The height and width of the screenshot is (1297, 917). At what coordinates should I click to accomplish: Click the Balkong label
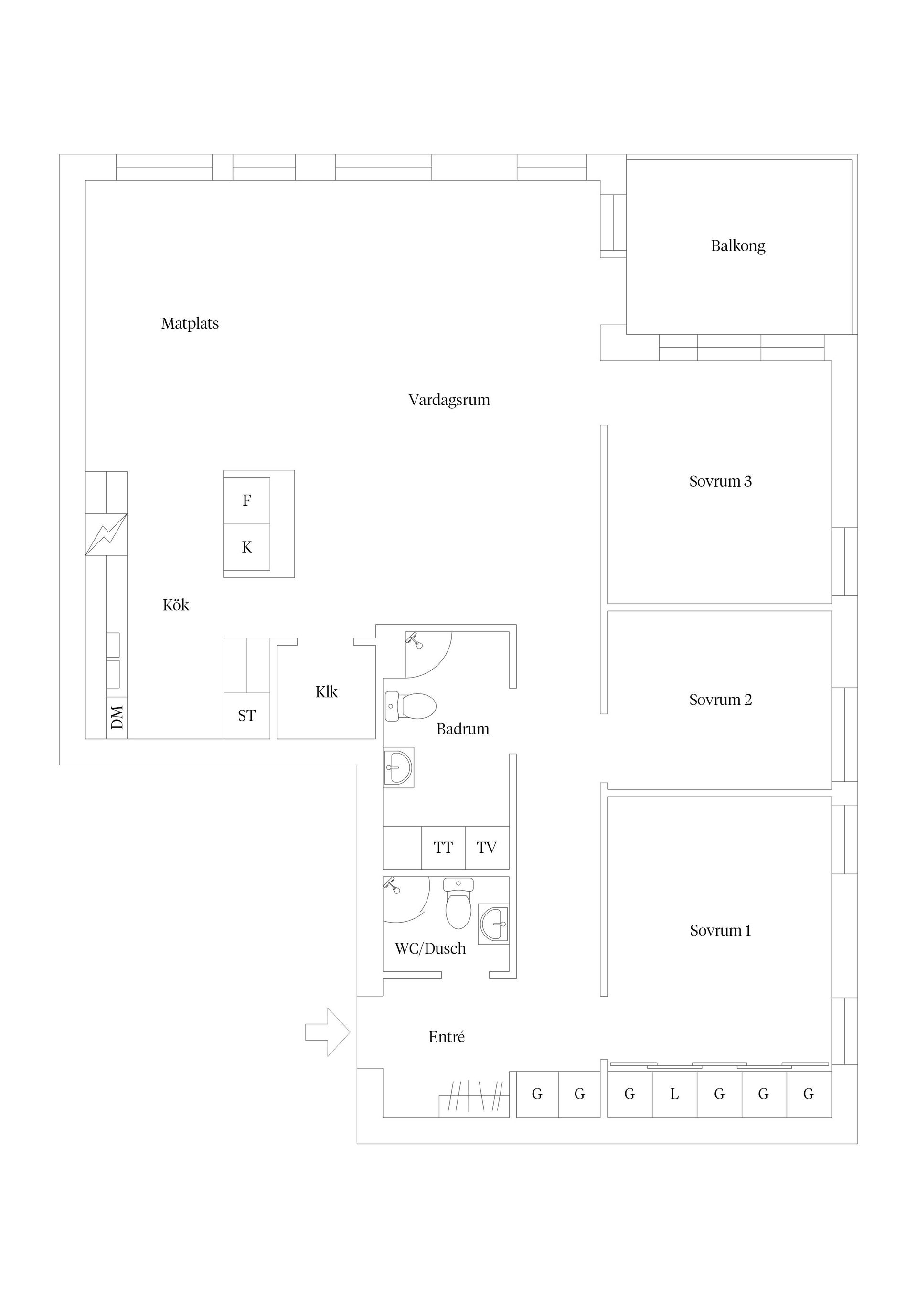(x=738, y=246)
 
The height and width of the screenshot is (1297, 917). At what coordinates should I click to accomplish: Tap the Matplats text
(x=190, y=324)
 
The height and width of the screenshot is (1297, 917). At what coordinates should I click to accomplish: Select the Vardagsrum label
(x=449, y=401)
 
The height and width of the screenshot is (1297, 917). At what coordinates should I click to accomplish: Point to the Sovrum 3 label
(x=720, y=481)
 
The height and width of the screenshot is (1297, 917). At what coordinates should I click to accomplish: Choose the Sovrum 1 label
(x=720, y=930)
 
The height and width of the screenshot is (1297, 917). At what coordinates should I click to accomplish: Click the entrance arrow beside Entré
(x=328, y=1032)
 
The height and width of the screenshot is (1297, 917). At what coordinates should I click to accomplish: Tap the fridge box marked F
(x=247, y=500)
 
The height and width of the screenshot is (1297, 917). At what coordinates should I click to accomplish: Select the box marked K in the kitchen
(x=247, y=547)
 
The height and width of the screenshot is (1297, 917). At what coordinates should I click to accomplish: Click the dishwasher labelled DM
(x=117, y=718)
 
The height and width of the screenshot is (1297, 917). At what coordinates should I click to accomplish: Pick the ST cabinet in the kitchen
(x=247, y=716)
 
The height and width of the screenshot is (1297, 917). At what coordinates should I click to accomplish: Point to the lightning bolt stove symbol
(x=106, y=534)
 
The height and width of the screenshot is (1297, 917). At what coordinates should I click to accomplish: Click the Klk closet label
(x=327, y=692)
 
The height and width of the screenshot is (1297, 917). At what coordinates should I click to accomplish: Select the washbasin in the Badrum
(x=398, y=768)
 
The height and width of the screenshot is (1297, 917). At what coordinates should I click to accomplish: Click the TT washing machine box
(x=444, y=847)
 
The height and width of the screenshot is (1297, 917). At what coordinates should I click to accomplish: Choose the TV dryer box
(x=487, y=847)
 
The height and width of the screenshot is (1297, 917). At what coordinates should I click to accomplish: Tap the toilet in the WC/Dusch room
(x=458, y=903)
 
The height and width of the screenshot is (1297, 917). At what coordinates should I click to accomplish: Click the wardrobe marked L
(x=674, y=1094)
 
